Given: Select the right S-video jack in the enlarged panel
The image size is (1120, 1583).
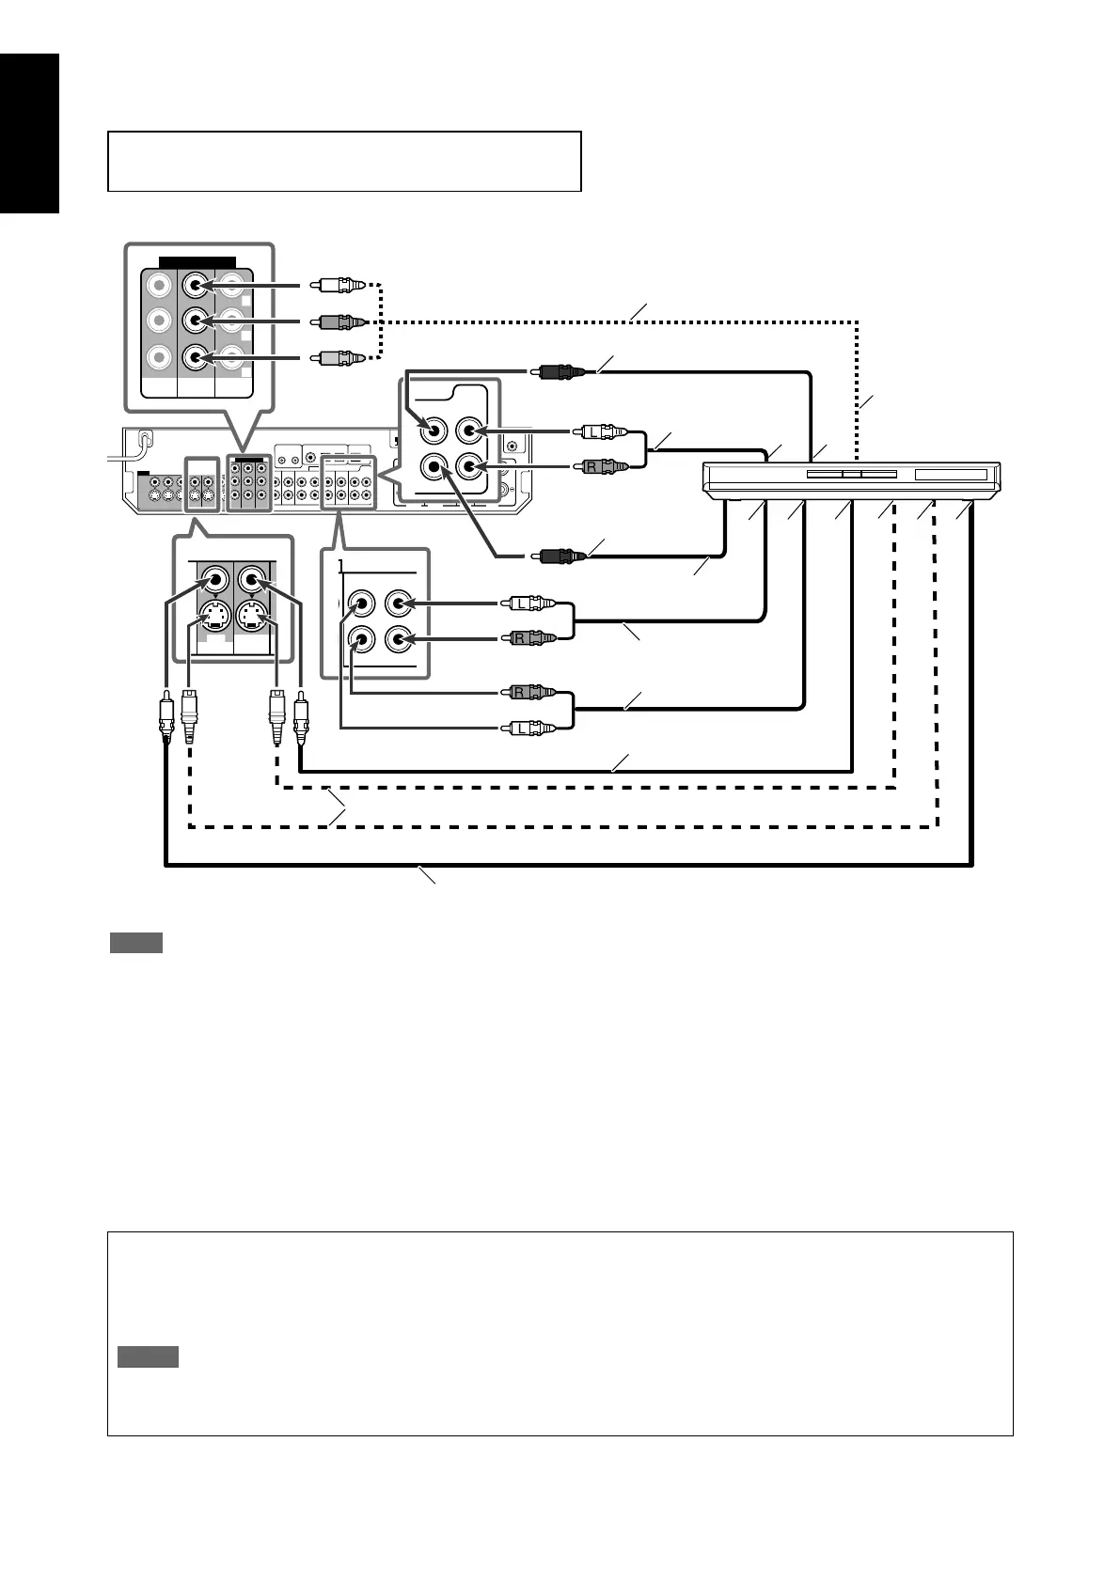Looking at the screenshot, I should click(252, 617).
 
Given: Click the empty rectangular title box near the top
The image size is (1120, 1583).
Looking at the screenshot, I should click(344, 162).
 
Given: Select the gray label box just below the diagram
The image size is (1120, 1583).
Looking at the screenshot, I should click(136, 943).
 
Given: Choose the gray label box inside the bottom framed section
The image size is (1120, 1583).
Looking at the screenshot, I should click(148, 1356).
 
